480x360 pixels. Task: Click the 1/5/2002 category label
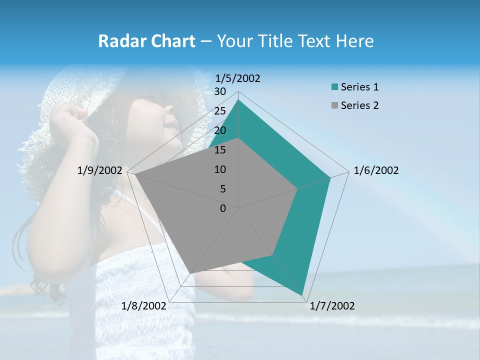238,78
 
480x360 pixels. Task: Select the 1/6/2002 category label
376,170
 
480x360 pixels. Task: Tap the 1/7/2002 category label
332,306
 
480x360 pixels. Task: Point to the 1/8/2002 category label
144,306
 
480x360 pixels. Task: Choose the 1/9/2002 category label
100,170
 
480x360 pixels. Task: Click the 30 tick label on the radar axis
220,91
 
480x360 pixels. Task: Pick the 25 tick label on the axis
220,111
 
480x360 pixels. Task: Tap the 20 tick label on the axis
220,130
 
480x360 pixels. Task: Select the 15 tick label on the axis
220,150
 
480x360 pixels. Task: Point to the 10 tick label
220,169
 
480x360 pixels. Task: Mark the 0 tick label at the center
223,208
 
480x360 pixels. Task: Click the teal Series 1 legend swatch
334,87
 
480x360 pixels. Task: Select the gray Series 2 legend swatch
334,105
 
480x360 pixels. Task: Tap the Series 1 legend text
359,87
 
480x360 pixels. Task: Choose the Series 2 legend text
359,105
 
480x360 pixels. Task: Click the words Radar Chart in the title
146,41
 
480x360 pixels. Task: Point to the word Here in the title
354,41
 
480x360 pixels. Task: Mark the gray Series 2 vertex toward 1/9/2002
134,174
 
